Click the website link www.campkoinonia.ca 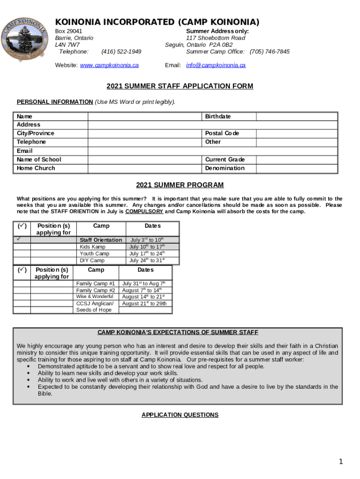click(x=109, y=65)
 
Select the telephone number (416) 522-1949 click(x=121, y=51)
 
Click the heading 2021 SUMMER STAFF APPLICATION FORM click(x=180, y=87)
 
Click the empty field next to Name click(x=145, y=116)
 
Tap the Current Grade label click(x=225, y=160)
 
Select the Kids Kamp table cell click(x=93, y=247)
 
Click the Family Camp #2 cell click(x=95, y=290)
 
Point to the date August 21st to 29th click(x=144, y=304)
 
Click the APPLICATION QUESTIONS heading click(x=180, y=415)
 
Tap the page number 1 click(x=342, y=462)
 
